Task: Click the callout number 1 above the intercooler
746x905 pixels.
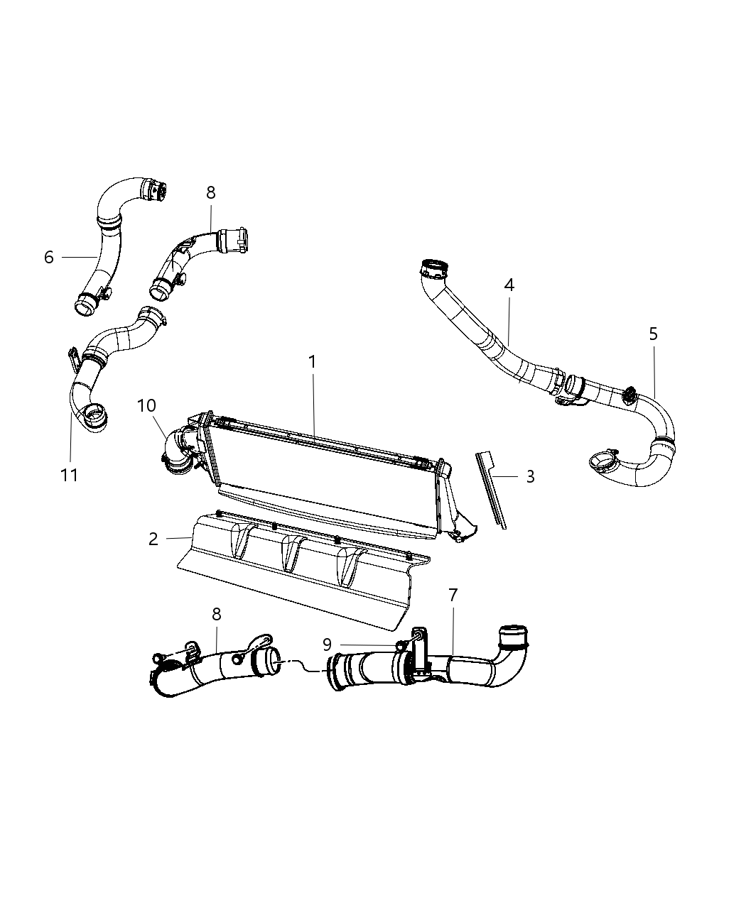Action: [x=312, y=362]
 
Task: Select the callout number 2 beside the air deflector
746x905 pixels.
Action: [x=153, y=539]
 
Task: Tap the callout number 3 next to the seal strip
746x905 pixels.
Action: [x=530, y=476]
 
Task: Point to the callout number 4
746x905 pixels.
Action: [x=509, y=285]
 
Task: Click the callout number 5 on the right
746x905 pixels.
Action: [x=653, y=334]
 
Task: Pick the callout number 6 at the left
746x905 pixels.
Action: [x=48, y=257]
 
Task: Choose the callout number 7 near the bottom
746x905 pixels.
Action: [x=453, y=595]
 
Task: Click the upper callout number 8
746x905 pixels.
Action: [x=210, y=192]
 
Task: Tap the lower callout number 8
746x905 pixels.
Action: [x=216, y=615]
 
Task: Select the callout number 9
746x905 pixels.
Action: [x=326, y=645]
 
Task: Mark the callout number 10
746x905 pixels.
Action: [x=146, y=405]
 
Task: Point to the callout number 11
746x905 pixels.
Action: [x=69, y=475]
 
